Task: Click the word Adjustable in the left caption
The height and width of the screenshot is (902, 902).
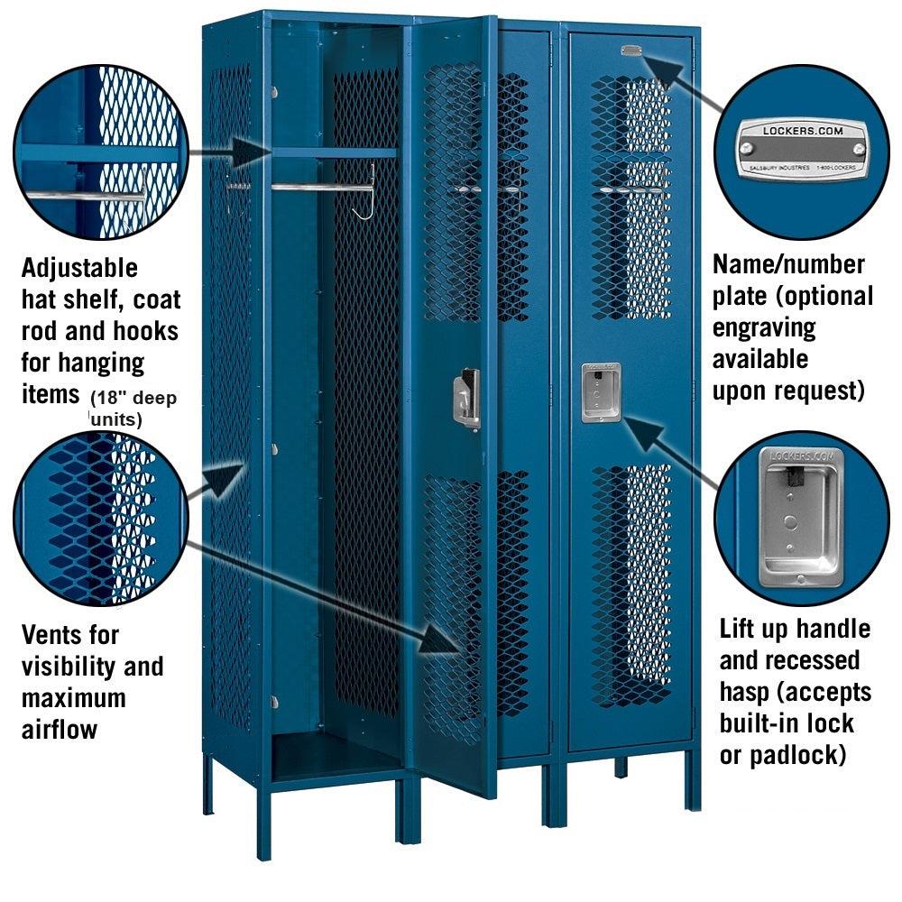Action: (x=79, y=269)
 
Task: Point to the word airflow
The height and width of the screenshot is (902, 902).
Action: (x=60, y=729)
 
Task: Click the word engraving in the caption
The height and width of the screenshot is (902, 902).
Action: (x=764, y=327)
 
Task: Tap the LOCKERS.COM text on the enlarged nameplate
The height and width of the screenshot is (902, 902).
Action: (x=802, y=130)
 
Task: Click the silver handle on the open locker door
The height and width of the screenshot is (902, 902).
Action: (x=466, y=398)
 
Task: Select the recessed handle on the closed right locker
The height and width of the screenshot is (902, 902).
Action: (x=600, y=392)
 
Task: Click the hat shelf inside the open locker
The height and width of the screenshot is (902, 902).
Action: (x=334, y=153)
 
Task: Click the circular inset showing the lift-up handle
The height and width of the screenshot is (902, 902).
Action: (x=802, y=519)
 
